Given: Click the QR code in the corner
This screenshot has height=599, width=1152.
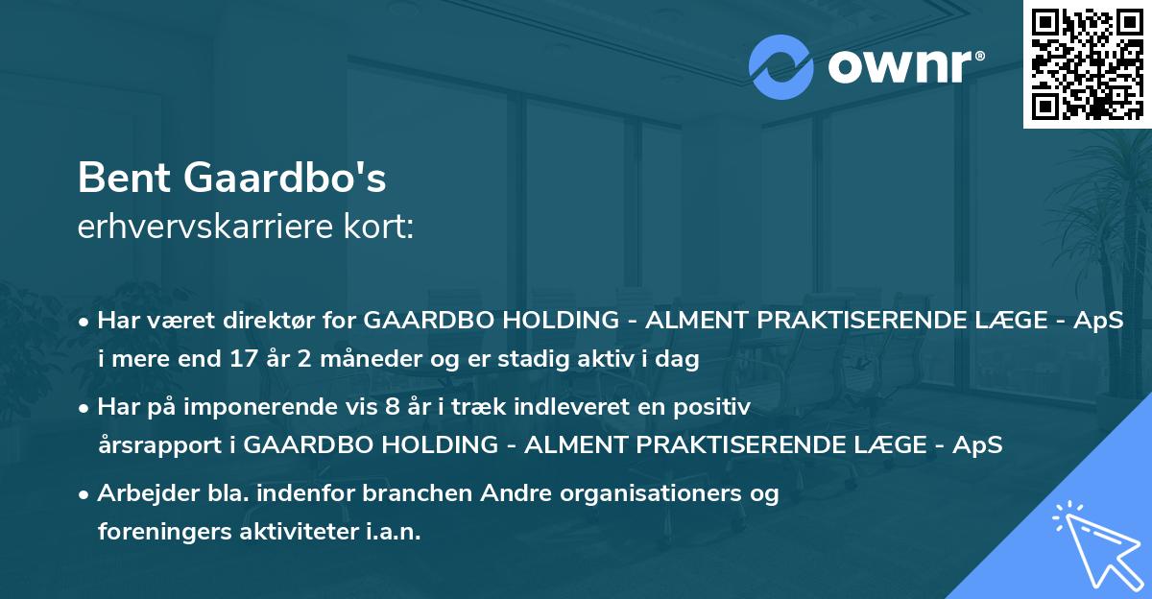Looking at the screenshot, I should click(1087, 63).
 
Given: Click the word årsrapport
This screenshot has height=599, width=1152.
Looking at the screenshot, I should click(158, 445).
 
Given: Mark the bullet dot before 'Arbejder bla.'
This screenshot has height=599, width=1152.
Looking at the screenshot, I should click(84, 493).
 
